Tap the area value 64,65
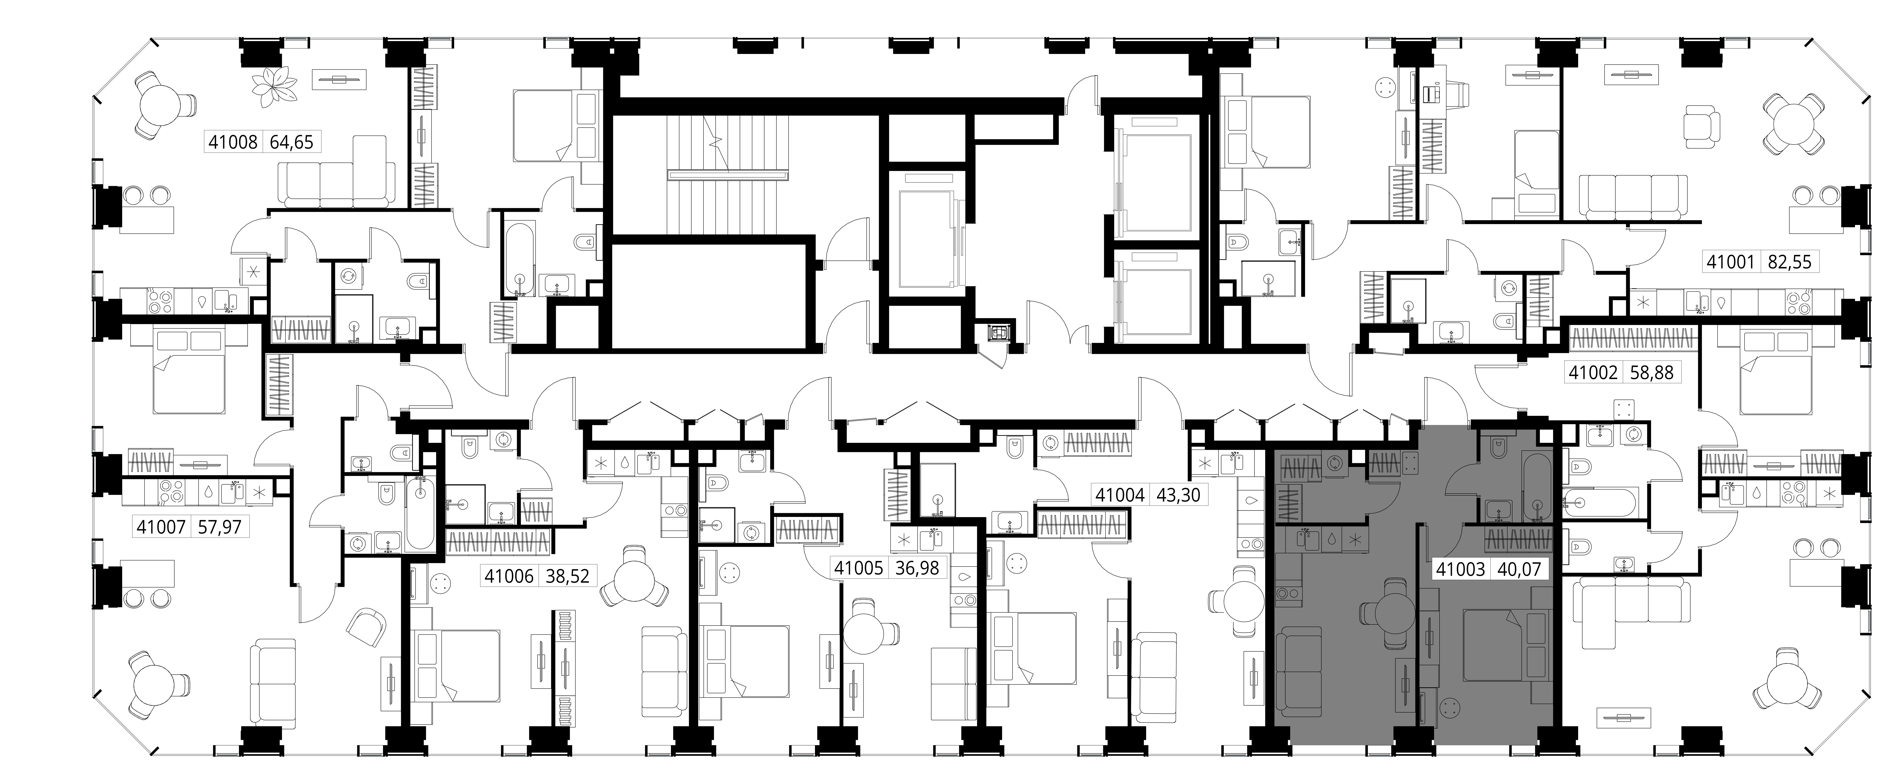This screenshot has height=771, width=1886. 291,142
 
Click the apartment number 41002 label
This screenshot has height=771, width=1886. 1593,372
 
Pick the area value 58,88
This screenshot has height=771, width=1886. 1652,372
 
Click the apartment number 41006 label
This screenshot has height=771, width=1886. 509,576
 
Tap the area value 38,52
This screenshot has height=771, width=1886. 567,576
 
